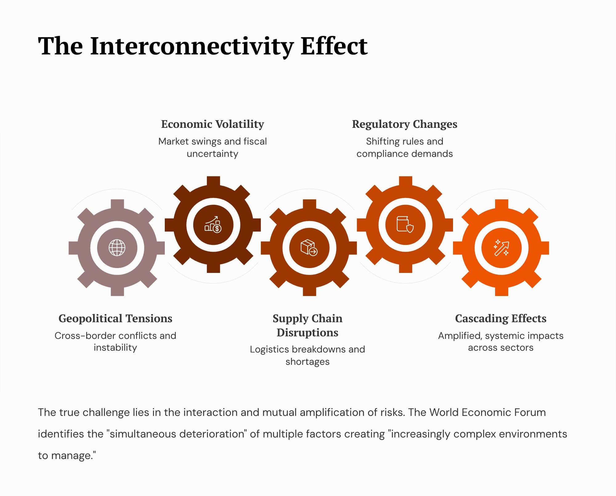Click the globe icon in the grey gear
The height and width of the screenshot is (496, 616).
(117, 248)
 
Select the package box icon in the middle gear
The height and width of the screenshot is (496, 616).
(309, 248)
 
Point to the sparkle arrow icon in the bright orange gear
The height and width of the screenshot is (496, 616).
(501, 248)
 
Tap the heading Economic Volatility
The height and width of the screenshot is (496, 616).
(213, 124)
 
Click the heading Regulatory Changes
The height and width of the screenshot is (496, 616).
(405, 124)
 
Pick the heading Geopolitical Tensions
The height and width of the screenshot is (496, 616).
(115, 319)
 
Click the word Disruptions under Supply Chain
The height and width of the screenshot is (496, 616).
(307, 333)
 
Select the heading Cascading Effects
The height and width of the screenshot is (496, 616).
(501, 319)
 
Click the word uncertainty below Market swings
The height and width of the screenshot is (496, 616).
(213, 154)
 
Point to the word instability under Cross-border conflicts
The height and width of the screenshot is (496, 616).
(115, 348)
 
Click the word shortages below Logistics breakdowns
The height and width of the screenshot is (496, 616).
(307, 362)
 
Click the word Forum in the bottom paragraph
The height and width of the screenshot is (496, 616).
(529, 413)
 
